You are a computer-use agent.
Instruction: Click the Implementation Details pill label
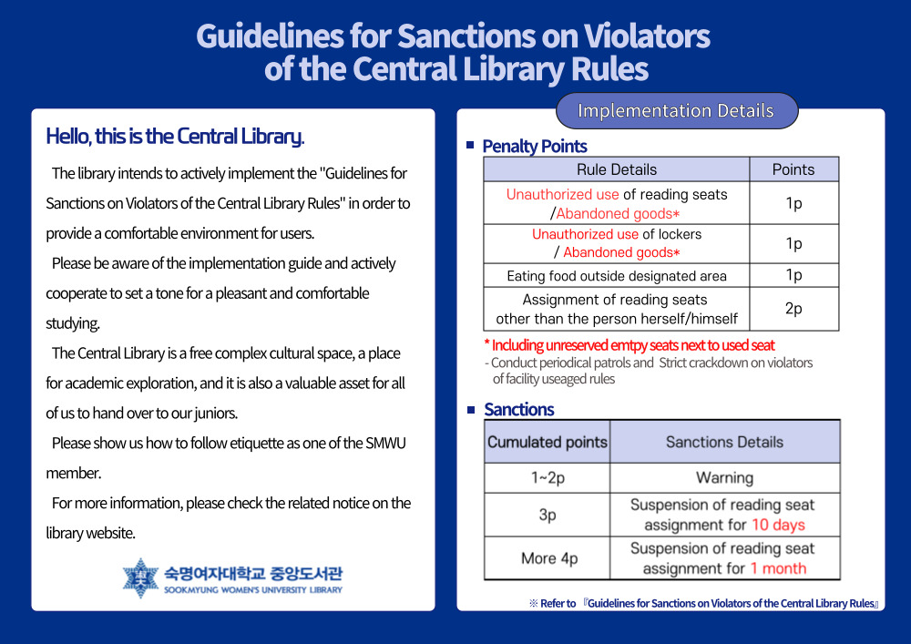(676, 110)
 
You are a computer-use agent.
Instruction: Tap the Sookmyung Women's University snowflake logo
(140, 578)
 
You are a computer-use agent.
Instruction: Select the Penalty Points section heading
(535, 147)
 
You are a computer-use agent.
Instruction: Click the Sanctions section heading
(519, 409)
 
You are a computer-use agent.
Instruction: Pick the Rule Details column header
(617, 169)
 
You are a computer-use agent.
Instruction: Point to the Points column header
(793, 169)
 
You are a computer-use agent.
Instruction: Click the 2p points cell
(793, 309)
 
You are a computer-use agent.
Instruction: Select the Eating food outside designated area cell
(617, 276)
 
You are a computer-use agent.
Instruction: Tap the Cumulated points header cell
(548, 442)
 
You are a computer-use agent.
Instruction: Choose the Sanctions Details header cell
(724, 442)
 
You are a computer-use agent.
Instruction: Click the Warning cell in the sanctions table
(724, 478)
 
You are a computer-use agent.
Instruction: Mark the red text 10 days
(779, 525)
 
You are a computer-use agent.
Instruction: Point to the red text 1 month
(778, 568)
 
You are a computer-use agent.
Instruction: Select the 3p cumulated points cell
(548, 515)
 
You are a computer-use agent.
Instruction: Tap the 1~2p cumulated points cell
(548, 478)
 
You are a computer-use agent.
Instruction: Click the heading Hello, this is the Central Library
(175, 137)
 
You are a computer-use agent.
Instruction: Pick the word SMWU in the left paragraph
(385, 443)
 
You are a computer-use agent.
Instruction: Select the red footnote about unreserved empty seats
(630, 345)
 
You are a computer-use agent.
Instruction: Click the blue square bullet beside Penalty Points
(470, 145)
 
